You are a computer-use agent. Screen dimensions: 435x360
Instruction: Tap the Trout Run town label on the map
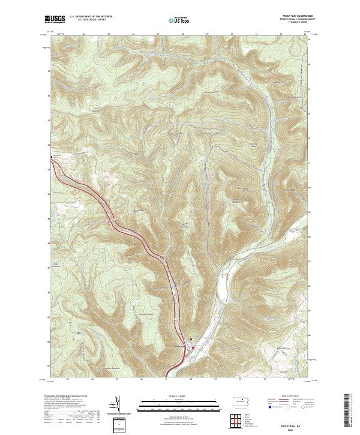coord(179,344)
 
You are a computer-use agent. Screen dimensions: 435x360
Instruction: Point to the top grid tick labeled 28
coord(182,34)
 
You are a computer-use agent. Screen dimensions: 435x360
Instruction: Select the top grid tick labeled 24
coord(84,34)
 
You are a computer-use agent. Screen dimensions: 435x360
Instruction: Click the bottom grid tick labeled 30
coord(239,379)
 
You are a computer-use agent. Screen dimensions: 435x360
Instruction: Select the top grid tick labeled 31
coord(256,34)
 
